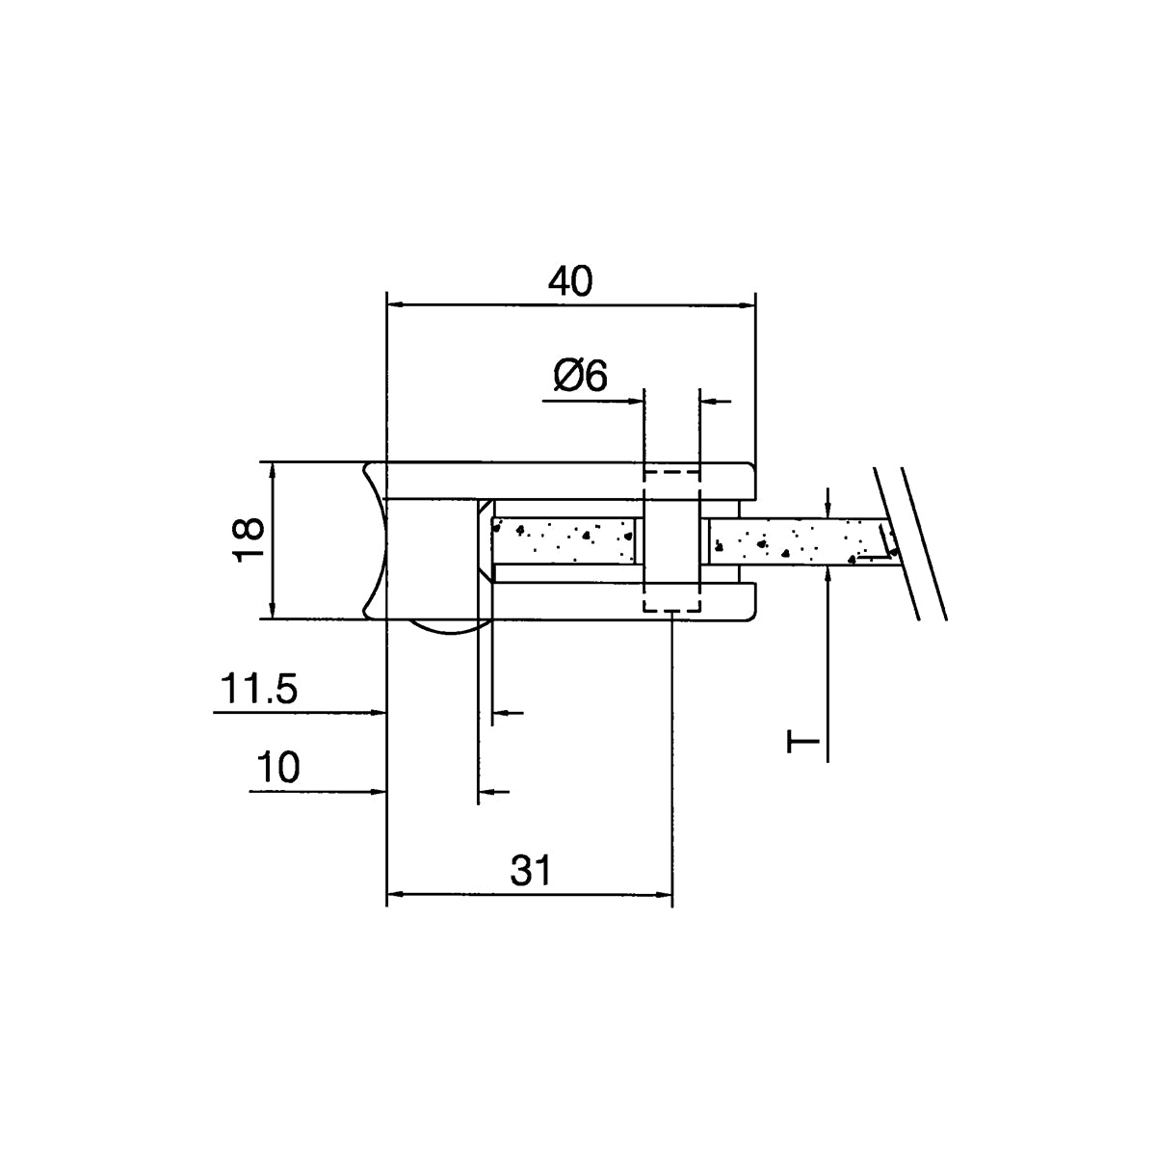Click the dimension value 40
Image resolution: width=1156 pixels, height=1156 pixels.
pyautogui.click(x=570, y=281)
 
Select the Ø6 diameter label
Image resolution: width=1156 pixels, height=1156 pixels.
pyautogui.click(x=580, y=376)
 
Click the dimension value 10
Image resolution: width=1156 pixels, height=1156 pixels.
pyautogui.click(x=277, y=767)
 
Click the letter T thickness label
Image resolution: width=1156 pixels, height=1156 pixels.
pyautogui.click(x=802, y=742)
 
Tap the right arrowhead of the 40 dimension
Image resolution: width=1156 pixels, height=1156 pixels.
pyautogui.click(x=747, y=306)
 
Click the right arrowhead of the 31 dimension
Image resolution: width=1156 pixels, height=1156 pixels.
pyautogui.click(x=663, y=895)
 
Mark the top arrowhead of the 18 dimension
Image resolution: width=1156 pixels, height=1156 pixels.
pyautogui.click(x=273, y=471)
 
